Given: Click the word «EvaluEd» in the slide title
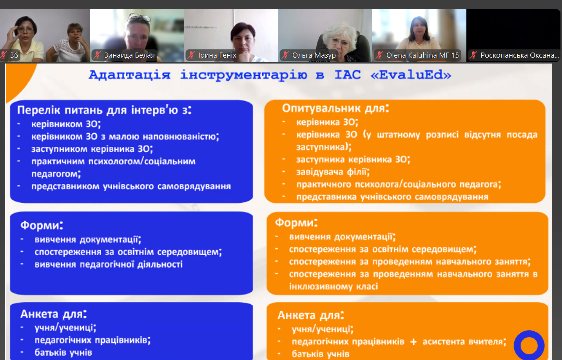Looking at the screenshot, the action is [411, 75].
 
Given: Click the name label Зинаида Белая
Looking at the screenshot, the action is [129, 55].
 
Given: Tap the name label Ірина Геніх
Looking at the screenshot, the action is [217, 55].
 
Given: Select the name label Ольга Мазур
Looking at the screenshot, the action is [314, 55].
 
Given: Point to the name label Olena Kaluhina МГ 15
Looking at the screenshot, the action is [422, 55].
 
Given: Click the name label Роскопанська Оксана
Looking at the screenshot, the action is [520, 55].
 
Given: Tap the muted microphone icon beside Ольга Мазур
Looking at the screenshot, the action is [285, 55].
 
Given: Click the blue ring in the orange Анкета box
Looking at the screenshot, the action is [529, 336].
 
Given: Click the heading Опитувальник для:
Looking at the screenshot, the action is [335, 108].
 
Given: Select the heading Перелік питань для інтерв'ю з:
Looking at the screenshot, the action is [104, 110].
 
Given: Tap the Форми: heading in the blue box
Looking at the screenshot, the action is [42, 225].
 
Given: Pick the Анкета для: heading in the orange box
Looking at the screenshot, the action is [311, 315].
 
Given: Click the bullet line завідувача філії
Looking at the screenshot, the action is [333, 172].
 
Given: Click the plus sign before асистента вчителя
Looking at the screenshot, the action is [413, 342].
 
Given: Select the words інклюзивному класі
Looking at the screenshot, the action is [334, 286].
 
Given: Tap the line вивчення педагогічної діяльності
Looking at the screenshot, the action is [109, 264].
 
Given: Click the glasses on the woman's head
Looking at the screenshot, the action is [139, 17].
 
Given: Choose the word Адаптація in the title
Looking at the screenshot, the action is [130, 75].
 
